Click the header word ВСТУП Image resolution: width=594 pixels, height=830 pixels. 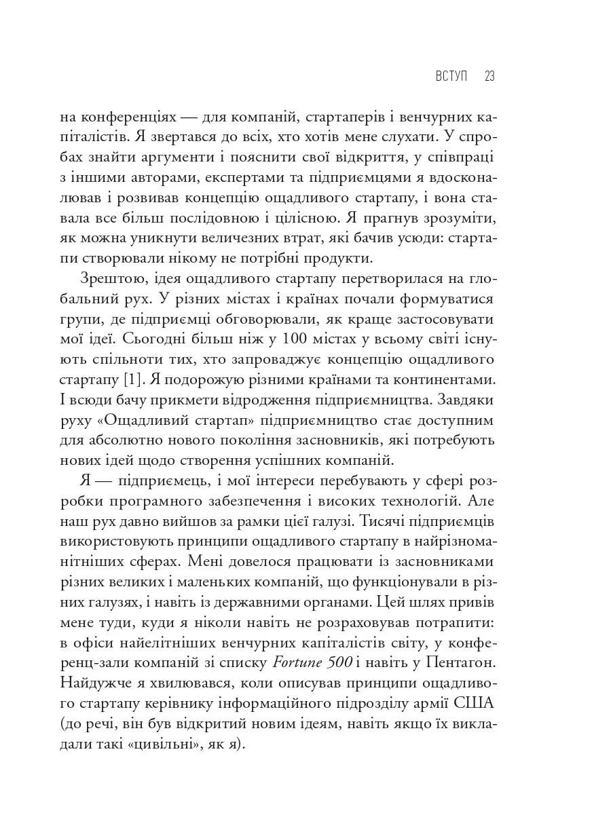451,76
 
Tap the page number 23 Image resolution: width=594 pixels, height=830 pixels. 489,76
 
